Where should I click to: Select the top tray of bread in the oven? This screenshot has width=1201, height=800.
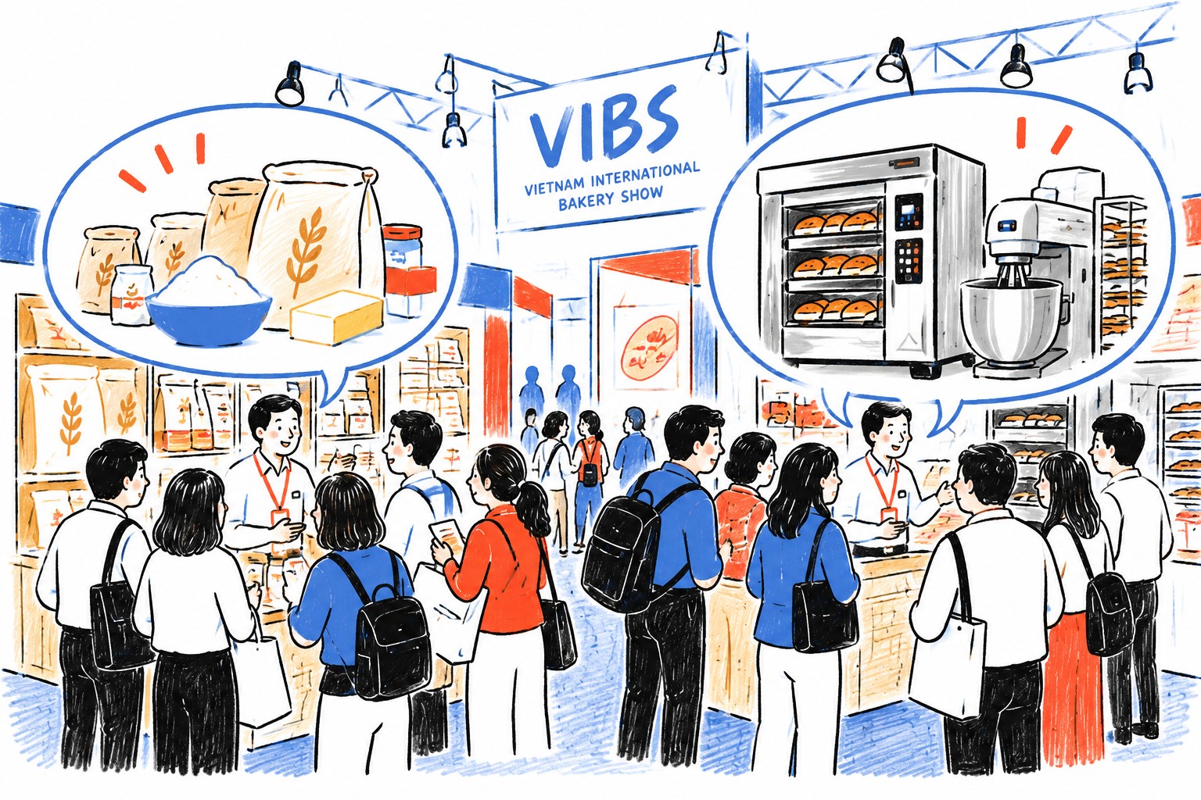pyautogui.click(x=837, y=221)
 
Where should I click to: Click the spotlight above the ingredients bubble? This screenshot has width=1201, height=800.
pyautogui.click(x=290, y=84)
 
